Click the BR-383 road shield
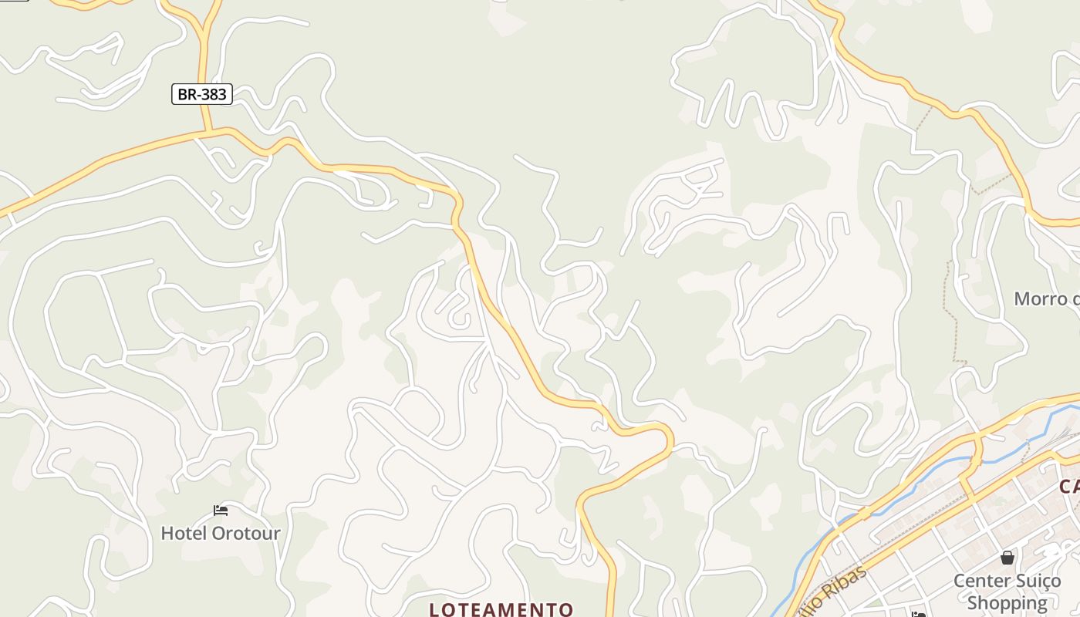point(201,94)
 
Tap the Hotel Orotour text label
point(221,533)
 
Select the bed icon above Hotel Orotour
point(221,511)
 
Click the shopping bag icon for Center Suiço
point(1007,558)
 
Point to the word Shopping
point(1007,602)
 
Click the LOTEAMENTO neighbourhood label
point(501,609)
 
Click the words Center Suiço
point(1007,581)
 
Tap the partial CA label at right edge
point(1069,487)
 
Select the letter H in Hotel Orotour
point(166,533)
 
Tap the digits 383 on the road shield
point(214,94)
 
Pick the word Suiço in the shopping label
point(1037,581)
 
